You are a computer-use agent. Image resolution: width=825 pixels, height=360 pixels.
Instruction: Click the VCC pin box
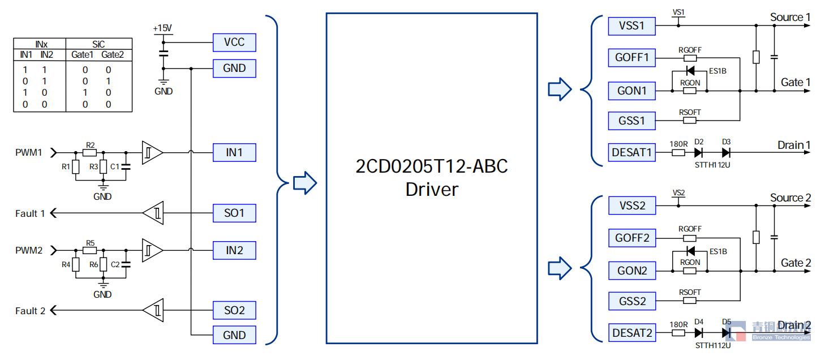[x=234, y=42]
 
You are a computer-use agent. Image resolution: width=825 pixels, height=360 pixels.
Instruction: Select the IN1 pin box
[x=234, y=152]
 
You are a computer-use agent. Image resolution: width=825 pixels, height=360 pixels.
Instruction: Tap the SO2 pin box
[x=234, y=310]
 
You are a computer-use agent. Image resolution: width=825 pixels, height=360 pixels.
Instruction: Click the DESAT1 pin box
[x=632, y=152]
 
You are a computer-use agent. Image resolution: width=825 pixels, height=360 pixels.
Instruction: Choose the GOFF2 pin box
[x=632, y=238]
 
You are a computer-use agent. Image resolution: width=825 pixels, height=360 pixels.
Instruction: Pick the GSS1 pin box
[x=632, y=121]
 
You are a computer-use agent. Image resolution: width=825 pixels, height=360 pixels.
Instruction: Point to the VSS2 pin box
[x=632, y=205]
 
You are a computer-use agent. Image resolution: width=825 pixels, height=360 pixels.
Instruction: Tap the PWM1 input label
[x=29, y=153]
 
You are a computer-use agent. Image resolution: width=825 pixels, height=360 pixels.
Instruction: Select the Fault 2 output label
[x=30, y=311]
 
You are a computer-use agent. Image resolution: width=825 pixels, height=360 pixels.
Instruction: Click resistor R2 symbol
[x=90, y=153]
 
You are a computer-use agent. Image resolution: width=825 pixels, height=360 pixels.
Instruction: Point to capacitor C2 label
[x=115, y=264]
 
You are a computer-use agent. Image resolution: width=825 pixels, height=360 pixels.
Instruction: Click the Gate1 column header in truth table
[x=82, y=55]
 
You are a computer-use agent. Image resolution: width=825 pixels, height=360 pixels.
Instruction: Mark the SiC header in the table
[x=98, y=44]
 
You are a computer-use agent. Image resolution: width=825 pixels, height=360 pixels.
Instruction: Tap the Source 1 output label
[x=790, y=18]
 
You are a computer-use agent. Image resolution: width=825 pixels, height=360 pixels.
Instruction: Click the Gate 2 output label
[x=796, y=263]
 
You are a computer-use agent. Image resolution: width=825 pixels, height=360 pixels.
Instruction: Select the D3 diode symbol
[x=726, y=152]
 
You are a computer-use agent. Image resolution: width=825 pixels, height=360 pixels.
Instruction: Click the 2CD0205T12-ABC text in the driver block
[x=432, y=167]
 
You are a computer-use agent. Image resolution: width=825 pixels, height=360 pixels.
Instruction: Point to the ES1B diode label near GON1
[x=717, y=72]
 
